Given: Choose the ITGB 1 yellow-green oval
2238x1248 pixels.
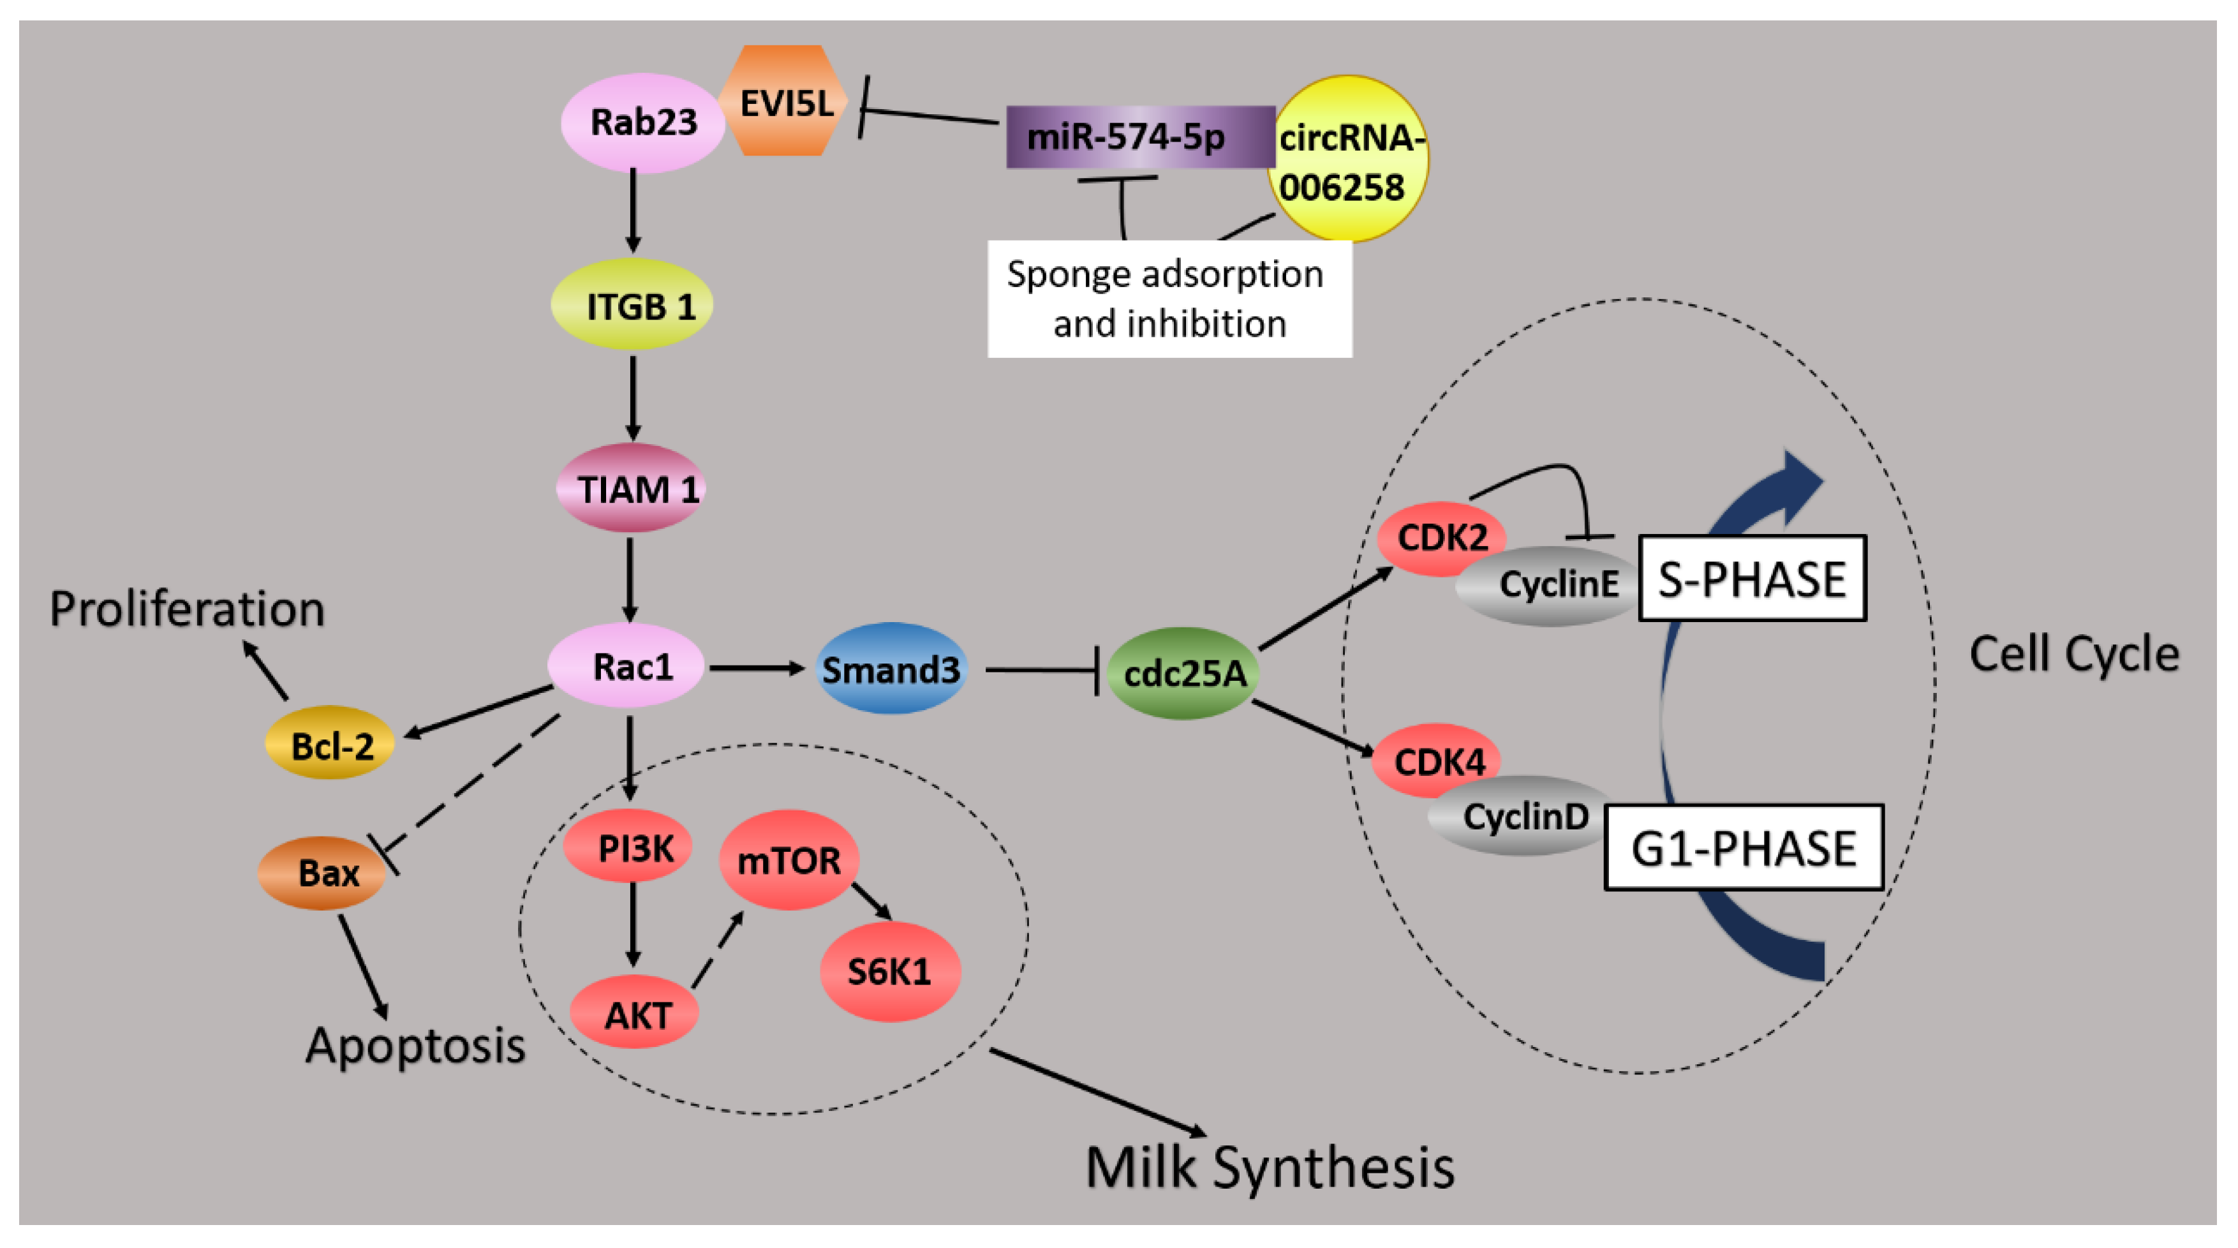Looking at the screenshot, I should tap(632, 305).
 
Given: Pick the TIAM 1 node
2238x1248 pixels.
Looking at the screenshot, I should tap(631, 489).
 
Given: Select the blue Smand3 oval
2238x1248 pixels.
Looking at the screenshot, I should tap(891, 669).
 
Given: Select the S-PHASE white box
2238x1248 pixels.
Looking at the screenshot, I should tap(1751, 579).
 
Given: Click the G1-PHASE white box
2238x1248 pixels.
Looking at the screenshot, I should tap(1743, 848).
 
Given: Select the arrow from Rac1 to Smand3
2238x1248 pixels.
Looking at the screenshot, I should tap(757, 667).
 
